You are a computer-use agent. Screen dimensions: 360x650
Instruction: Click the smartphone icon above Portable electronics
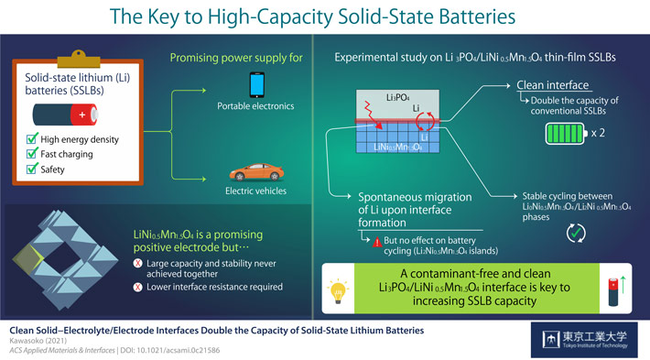coord(258,86)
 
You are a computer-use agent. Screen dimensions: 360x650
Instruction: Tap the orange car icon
coord(257,169)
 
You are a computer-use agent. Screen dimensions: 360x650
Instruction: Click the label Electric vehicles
coord(257,191)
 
